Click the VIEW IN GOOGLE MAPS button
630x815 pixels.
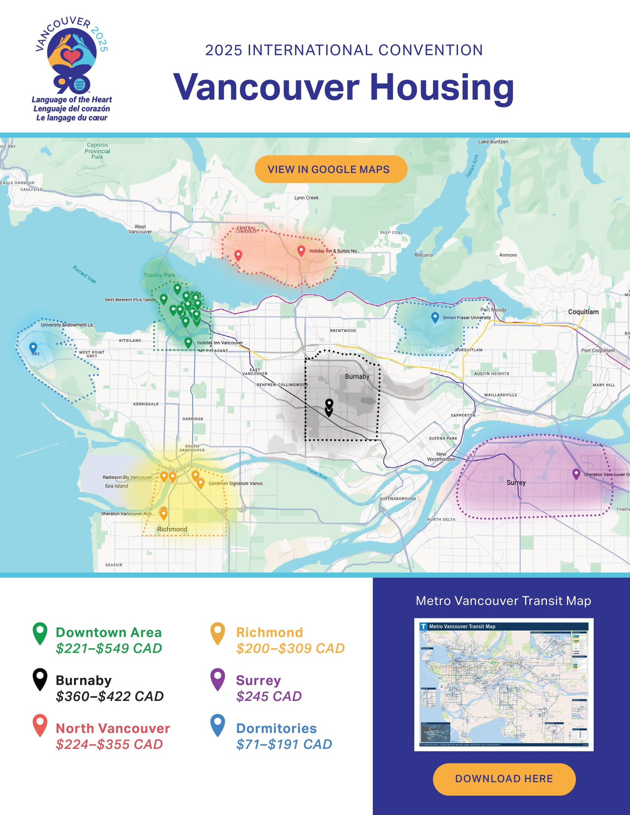tap(331, 169)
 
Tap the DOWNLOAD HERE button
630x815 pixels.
tap(504, 779)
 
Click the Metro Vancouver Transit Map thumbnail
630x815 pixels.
tap(504, 684)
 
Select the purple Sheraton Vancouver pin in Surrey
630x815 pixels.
tap(576, 473)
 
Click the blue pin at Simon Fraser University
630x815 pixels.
tap(435, 317)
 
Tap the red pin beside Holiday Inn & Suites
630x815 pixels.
tap(301, 251)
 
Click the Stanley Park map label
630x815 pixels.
tap(159, 275)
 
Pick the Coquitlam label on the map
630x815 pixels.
tap(583, 312)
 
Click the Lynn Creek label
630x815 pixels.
tap(306, 198)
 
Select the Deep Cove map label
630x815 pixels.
tap(391, 233)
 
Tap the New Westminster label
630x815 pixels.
tap(441, 457)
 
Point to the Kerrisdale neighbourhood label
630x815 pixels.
tap(146, 404)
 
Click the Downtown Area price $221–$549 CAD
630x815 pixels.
tap(109, 649)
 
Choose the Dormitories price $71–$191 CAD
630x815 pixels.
tap(284, 745)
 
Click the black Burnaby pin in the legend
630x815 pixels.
tap(40, 679)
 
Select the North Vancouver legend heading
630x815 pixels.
tap(113, 728)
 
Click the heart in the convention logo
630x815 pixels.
tap(72, 56)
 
